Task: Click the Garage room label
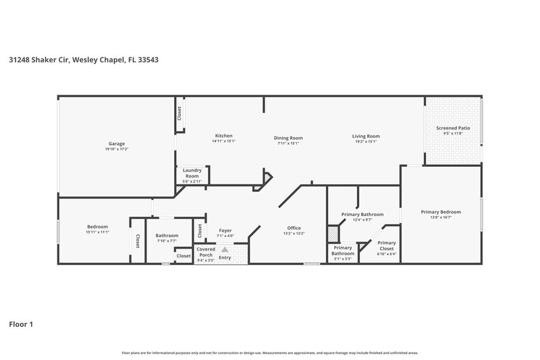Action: pyautogui.click(x=117, y=143)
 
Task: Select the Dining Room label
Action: pyautogui.click(x=288, y=136)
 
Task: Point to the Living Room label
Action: pyautogui.click(x=365, y=136)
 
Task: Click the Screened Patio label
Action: pyautogui.click(x=453, y=128)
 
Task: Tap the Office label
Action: pyautogui.click(x=294, y=228)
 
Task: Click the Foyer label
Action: pyautogui.click(x=225, y=230)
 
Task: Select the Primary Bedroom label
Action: pyautogui.click(x=440, y=211)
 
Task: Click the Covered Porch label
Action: pyautogui.click(x=205, y=251)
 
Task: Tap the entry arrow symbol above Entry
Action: pyautogui.click(x=224, y=249)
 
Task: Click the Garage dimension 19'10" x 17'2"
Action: pyautogui.click(x=117, y=149)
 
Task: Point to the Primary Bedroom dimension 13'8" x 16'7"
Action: pyautogui.click(x=440, y=217)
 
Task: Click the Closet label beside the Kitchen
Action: pyautogui.click(x=180, y=113)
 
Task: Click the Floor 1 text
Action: pyautogui.click(x=21, y=324)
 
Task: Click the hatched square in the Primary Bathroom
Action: pyautogui.click(x=332, y=233)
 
